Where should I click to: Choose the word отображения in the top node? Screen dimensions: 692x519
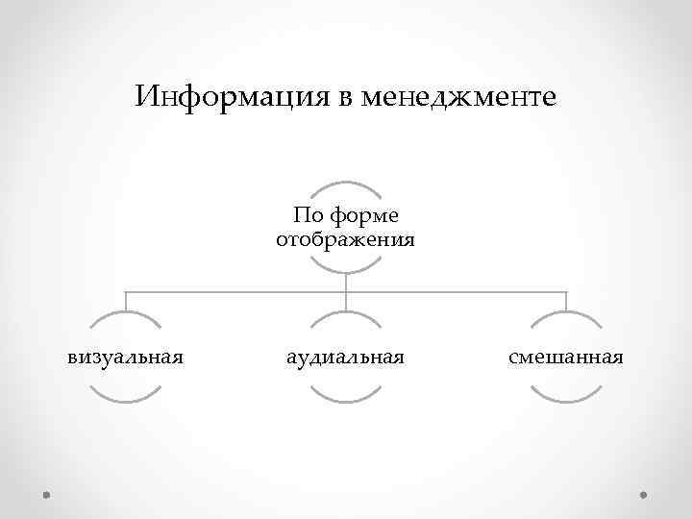tap(346, 238)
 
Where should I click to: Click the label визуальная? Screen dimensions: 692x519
tap(125, 358)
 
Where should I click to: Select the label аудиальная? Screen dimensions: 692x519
tap(346, 358)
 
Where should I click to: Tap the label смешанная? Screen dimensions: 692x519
tap(566, 358)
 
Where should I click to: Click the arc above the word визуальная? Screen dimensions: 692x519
tap(125, 315)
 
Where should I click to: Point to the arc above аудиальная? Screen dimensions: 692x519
tap(346, 315)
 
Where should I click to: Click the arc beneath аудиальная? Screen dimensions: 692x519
tap(346, 398)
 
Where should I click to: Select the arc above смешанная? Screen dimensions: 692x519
tap(566, 315)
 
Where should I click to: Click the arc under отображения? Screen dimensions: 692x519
tap(346, 269)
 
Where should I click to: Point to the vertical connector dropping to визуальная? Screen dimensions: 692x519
tap(125, 300)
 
